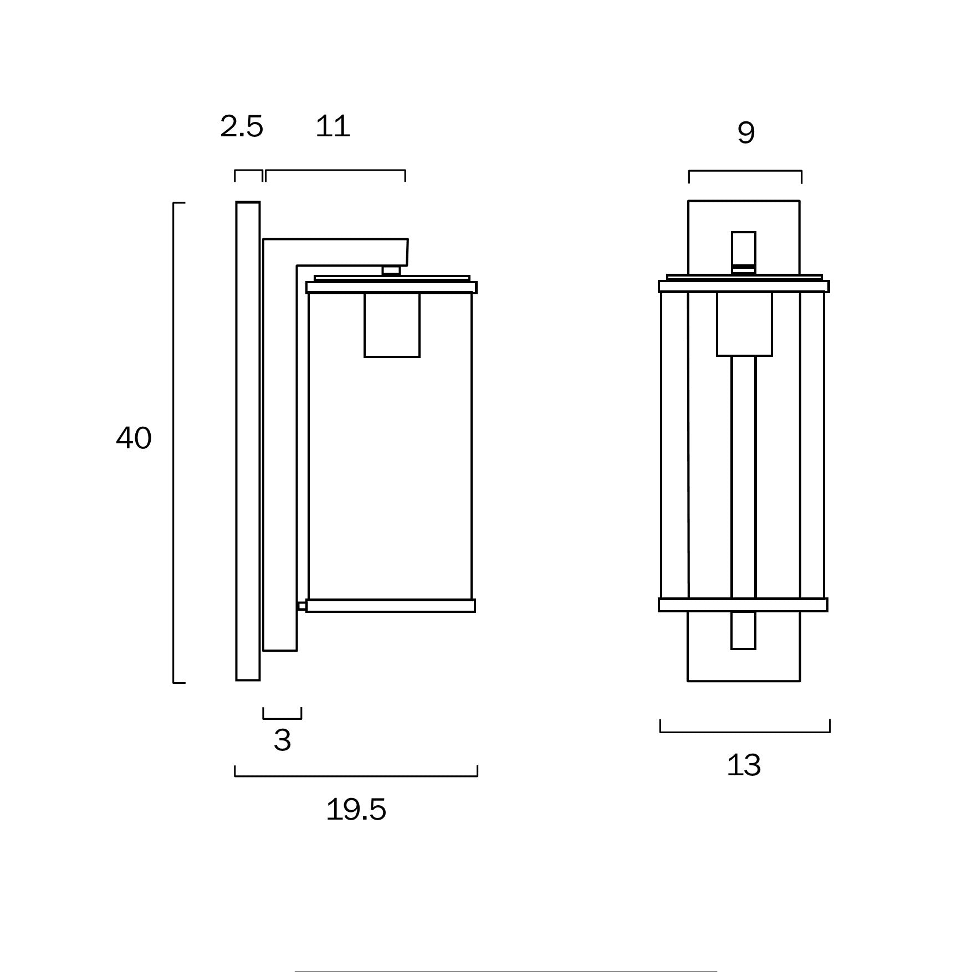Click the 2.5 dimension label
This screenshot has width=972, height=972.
[x=242, y=127]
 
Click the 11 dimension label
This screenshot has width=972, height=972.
[x=332, y=127]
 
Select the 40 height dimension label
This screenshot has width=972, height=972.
[x=134, y=438]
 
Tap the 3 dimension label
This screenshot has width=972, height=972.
[x=282, y=740]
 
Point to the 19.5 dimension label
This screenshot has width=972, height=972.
[x=356, y=810]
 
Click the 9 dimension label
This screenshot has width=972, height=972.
[x=746, y=133]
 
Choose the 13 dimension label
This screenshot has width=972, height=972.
[x=744, y=765]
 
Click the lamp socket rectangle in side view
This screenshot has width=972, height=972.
[x=392, y=325]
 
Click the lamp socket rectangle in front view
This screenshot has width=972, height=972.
[x=744, y=324]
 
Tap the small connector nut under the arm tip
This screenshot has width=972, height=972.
[x=391, y=270]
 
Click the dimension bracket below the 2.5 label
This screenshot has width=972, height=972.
[x=248, y=172]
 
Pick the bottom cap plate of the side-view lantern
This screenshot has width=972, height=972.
[x=391, y=606]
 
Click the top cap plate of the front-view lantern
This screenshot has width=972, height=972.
[x=744, y=287]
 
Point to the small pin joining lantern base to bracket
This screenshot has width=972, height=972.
[x=301, y=606]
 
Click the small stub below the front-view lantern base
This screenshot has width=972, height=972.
[x=743, y=630]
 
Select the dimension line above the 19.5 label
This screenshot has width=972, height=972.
[x=356, y=775]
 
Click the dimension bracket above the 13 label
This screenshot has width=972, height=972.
[x=745, y=731]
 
